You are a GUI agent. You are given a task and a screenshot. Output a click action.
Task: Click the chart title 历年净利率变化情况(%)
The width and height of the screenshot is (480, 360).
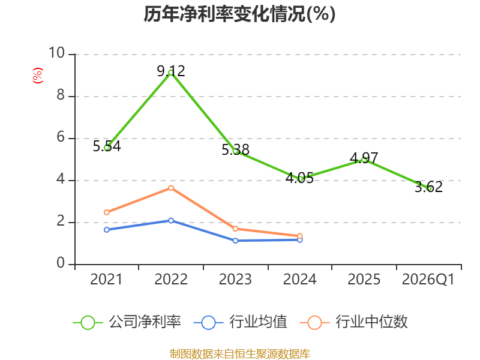point(239,14)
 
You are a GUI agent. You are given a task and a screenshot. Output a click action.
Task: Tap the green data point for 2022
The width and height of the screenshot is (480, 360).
point(171,73)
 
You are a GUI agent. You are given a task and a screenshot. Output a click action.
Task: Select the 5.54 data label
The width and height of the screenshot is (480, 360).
point(107,146)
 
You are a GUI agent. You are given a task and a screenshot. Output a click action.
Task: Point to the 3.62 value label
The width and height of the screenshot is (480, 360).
point(428,187)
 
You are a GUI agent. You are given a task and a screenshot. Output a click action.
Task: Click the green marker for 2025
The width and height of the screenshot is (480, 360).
point(364,160)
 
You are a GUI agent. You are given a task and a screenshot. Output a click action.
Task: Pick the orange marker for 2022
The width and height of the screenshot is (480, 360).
point(171,188)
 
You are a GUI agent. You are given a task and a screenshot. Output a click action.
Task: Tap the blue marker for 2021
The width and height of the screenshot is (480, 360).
point(107,230)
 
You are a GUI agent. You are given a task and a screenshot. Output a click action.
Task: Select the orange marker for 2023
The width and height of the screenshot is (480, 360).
point(235,229)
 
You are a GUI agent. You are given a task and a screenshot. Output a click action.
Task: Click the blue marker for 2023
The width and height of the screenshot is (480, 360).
point(235,241)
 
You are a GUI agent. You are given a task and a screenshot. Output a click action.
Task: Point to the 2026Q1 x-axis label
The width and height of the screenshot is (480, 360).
point(428,280)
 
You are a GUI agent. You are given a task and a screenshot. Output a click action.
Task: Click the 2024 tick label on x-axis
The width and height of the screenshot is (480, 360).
point(299,280)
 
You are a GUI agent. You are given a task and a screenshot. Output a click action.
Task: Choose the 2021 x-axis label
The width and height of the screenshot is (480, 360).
point(106,280)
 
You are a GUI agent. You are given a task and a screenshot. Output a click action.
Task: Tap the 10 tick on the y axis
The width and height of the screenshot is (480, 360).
point(57,53)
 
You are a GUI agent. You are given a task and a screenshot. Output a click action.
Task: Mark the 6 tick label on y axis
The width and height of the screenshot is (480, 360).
point(61,137)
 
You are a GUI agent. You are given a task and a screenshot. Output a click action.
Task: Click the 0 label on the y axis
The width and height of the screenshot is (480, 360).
point(61,263)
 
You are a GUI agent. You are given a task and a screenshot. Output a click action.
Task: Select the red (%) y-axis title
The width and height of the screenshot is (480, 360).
point(38,76)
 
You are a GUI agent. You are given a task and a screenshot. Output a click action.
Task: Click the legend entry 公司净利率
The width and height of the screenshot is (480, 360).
point(127,322)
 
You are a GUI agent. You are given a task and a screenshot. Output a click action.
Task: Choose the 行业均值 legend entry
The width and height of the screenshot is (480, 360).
point(241,322)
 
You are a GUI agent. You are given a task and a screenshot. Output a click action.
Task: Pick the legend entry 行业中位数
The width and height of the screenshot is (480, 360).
point(354,322)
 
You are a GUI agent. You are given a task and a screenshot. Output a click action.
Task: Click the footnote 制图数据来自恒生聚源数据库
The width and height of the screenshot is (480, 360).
point(240,354)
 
